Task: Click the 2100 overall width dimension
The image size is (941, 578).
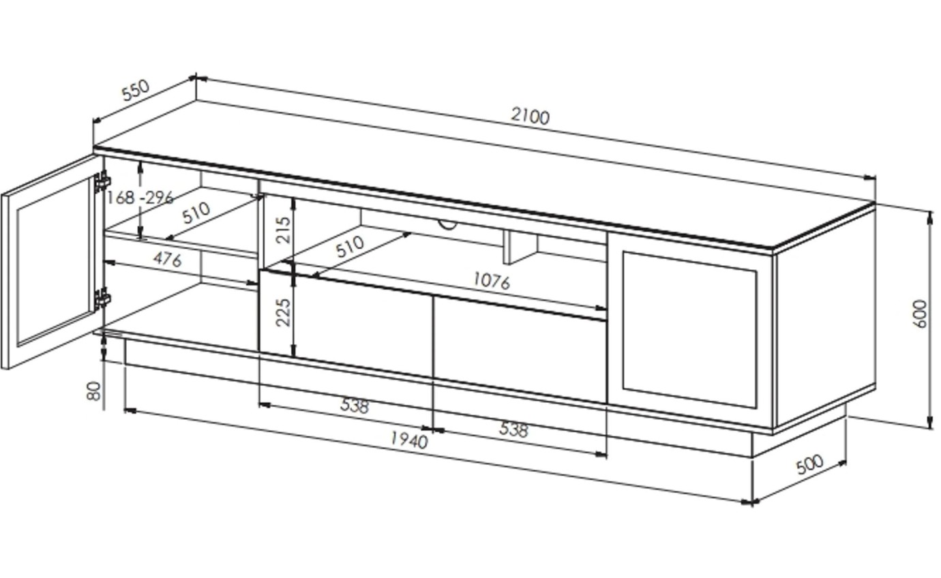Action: click(530, 117)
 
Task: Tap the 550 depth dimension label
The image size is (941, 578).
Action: click(134, 91)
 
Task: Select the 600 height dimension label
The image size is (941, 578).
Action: click(921, 314)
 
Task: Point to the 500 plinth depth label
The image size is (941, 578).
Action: click(810, 465)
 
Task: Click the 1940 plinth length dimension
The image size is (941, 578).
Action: click(408, 441)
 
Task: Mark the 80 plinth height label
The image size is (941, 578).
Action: click(94, 391)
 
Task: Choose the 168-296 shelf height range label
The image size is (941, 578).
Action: click(140, 198)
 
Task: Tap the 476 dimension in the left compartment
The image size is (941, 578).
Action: click(167, 259)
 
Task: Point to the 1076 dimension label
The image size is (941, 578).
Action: click(491, 281)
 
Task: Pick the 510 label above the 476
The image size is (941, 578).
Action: click(196, 213)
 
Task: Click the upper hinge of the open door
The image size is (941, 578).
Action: click(102, 182)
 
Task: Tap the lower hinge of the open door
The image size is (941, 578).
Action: click(102, 298)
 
